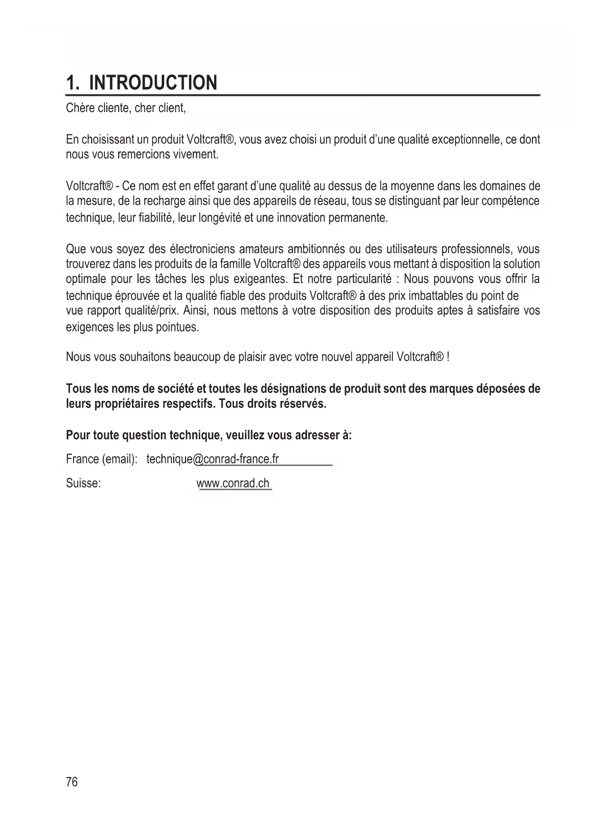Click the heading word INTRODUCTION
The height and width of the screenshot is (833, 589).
click(153, 83)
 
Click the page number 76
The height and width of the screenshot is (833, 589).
click(72, 782)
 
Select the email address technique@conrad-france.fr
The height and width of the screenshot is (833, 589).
click(213, 459)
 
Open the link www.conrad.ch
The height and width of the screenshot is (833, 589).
click(233, 483)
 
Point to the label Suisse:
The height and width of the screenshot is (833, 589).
click(83, 483)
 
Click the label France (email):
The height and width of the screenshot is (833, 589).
click(102, 459)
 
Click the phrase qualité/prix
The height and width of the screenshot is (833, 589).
click(150, 311)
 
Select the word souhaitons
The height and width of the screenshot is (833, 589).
click(134, 357)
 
